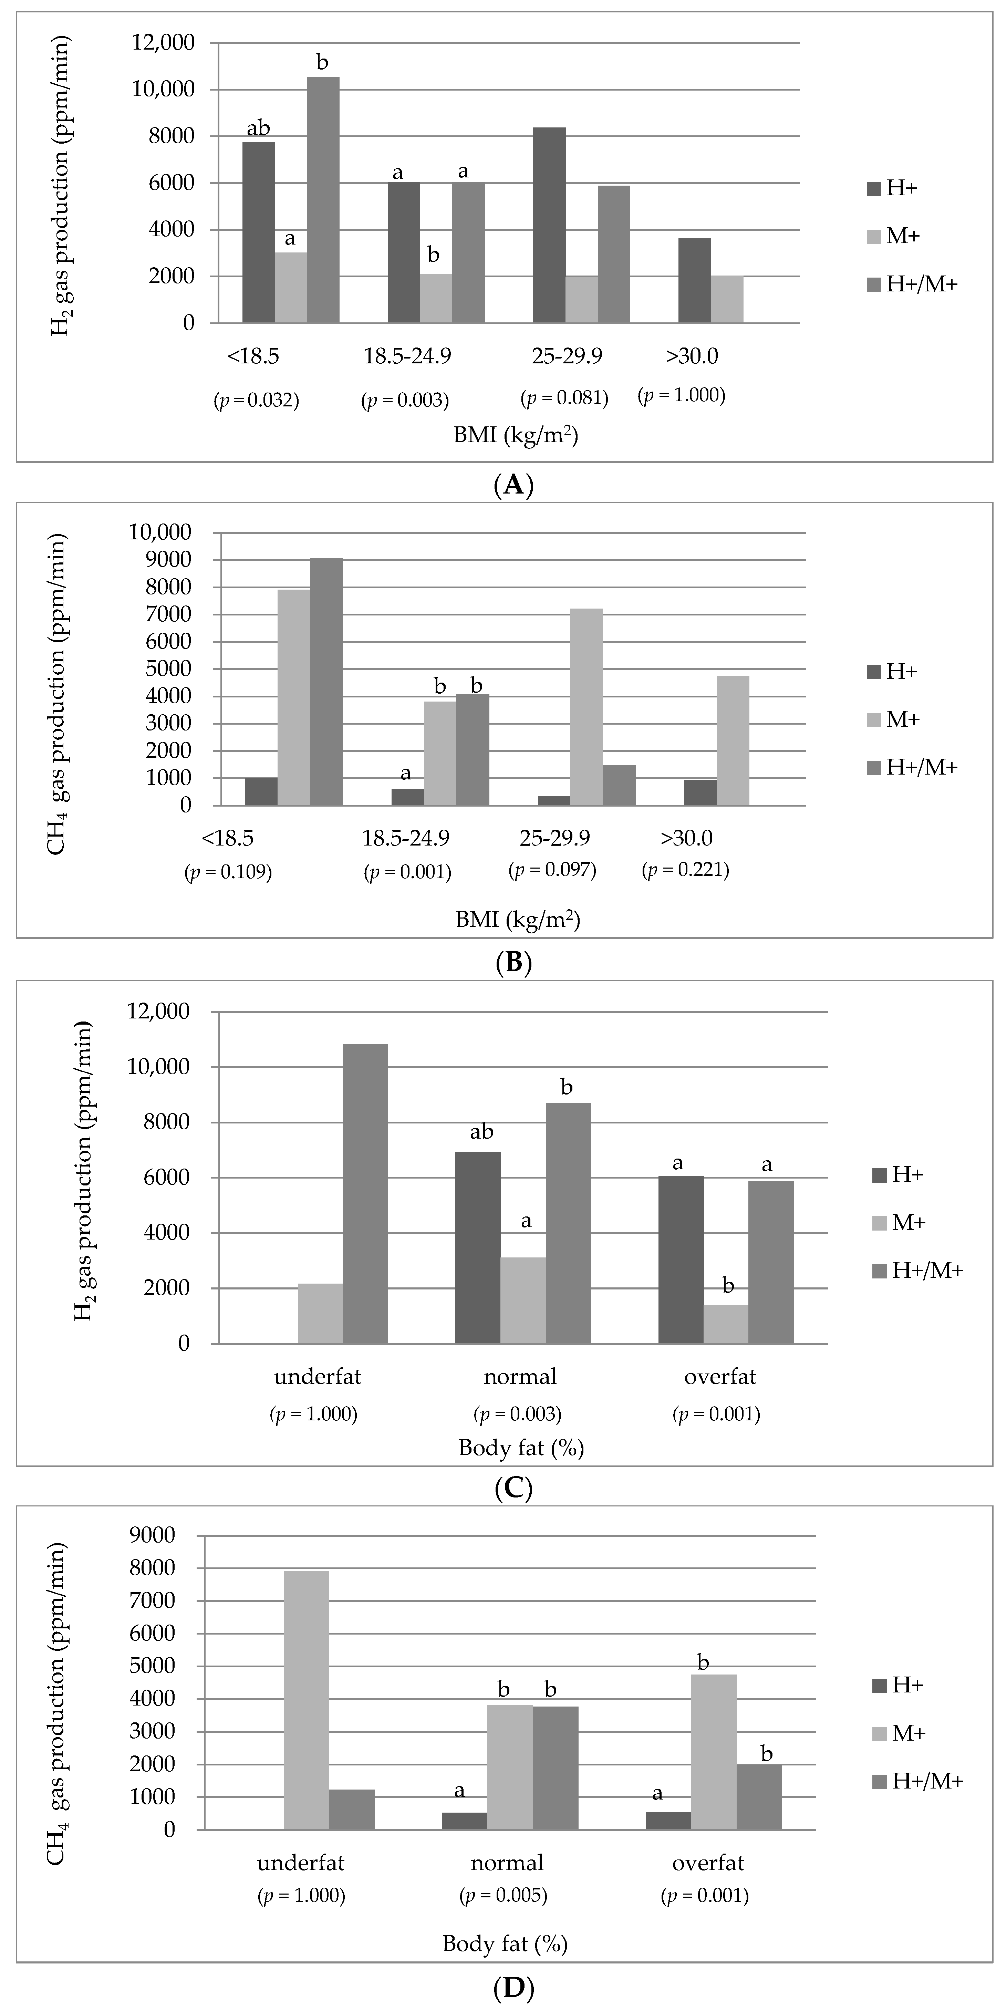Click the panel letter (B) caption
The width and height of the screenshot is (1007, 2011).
[x=513, y=962]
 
